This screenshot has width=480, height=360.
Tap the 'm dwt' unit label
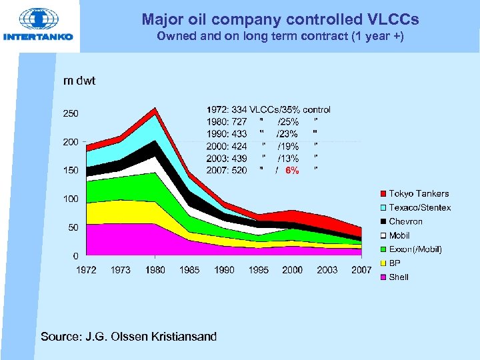click(x=79, y=81)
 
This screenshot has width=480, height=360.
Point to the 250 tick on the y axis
click(x=71, y=113)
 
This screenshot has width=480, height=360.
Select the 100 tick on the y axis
click(x=71, y=199)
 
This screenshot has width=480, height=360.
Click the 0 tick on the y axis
click(x=75, y=256)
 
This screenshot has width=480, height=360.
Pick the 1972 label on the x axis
click(x=86, y=270)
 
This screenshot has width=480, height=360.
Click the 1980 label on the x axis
click(x=155, y=270)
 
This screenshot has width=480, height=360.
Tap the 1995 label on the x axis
click(x=259, y=270)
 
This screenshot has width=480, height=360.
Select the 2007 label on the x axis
click(x=361, y=270)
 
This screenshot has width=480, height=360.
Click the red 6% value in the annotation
click(x=291, y=171)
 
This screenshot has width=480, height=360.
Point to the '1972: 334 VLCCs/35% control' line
click(x=268, y=109)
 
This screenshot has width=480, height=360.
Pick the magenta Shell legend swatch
click(x=383, y=277)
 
